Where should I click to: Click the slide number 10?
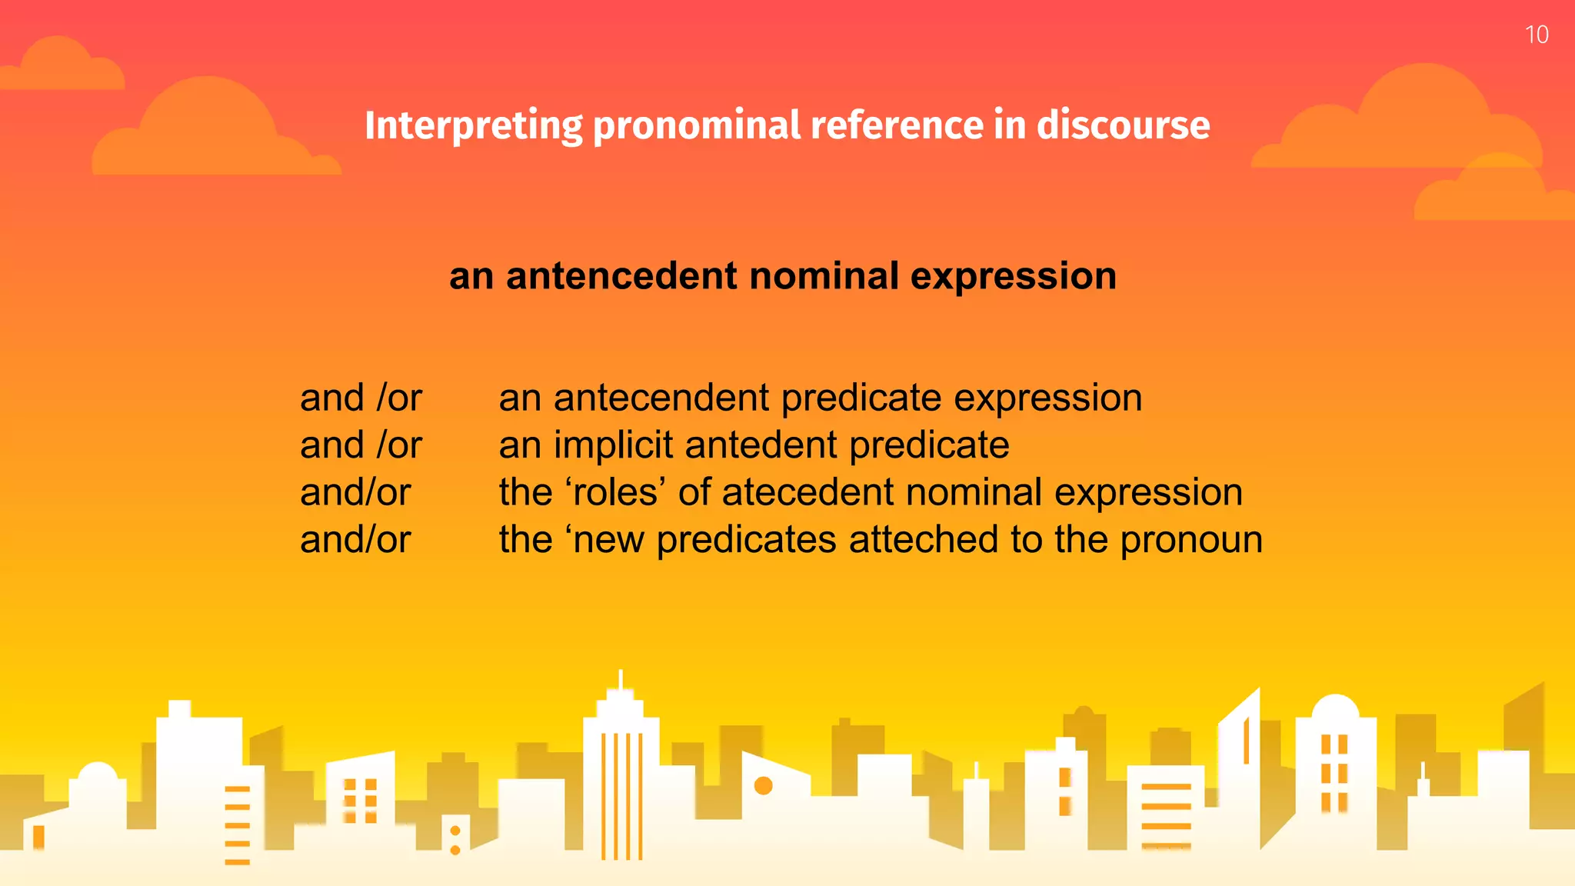coord(1536,35)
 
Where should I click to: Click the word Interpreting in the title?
coord(473,126)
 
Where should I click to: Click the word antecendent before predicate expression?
coord(661,398)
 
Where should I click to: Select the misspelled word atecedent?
coord(807,492)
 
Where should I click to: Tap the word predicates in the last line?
coord(746,540)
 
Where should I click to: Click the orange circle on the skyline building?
coord(763,785)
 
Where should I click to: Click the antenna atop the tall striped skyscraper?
coord(621,681)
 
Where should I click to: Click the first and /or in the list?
coord(361,398)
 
